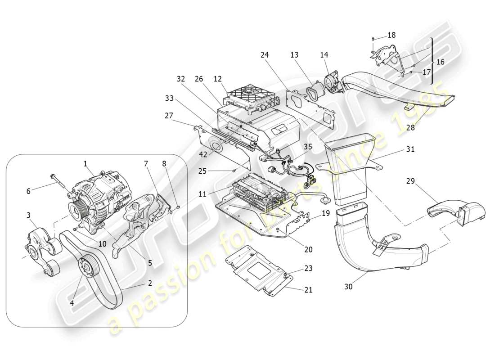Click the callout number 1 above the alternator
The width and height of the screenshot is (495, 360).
click(x=85, y=165)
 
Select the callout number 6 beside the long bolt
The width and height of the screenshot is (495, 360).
click(x=28, y=191)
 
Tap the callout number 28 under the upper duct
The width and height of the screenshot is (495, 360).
click(x=410, y=127)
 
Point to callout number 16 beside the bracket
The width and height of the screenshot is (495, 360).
click(x=440, y=62)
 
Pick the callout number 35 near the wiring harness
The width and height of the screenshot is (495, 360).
click(x=308, y=146)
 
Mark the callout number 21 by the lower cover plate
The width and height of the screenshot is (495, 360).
click(x=308, y=290)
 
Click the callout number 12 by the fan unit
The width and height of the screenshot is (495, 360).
click(x=218, y=79)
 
